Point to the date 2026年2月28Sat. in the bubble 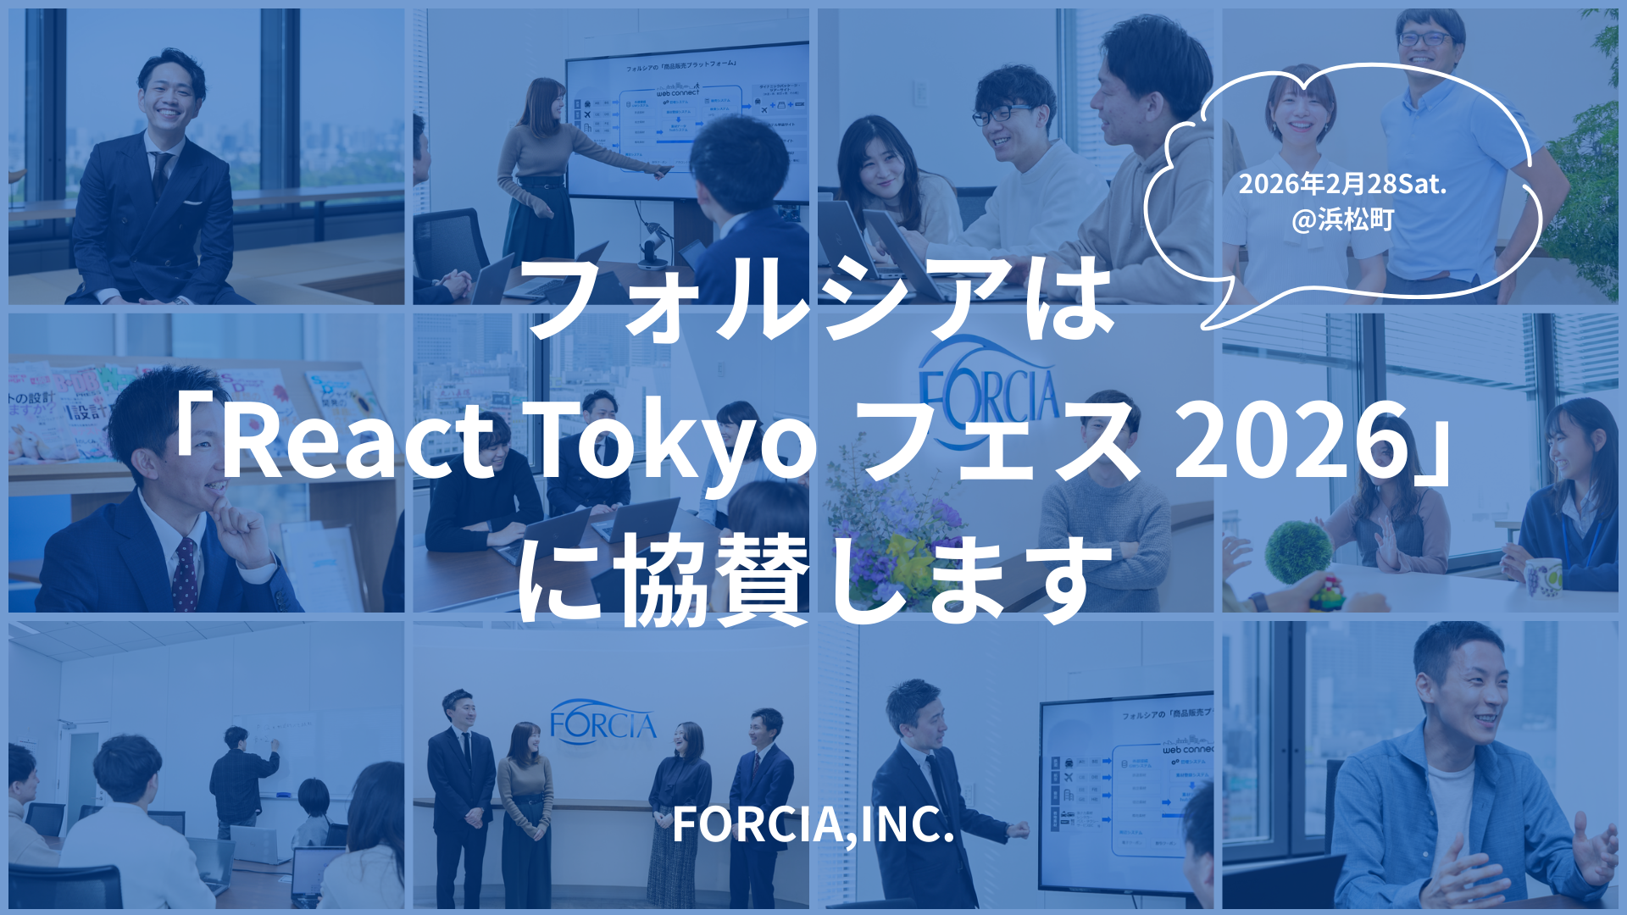[1342, 184]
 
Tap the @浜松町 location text [1342, 220]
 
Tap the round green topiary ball [1297, 552]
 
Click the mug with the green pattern [1543, 577]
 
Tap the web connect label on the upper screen [678, 91]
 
